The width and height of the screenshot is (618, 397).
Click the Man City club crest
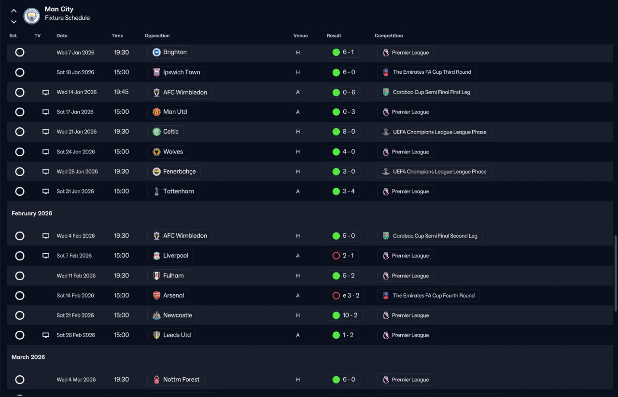[31, 16]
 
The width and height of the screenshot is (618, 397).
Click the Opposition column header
[157, 36]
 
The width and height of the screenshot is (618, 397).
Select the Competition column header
[389, 36]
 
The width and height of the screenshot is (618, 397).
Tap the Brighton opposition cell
[169, 52]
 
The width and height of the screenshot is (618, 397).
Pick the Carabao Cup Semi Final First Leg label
[431, 92]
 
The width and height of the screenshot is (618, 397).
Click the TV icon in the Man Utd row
[46, 112]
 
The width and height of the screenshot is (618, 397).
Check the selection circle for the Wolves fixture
[20, 151]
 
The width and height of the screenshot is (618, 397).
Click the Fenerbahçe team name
[179, 171]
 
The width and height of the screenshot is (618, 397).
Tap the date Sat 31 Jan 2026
[75, 192]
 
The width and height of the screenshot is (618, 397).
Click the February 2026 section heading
[32, 213]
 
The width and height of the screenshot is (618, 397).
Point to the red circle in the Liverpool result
[336, 256]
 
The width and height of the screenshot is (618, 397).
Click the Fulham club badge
[156, 276]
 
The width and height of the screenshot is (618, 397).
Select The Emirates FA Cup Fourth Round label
[434, 296]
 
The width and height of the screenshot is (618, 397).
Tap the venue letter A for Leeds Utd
[298, 335]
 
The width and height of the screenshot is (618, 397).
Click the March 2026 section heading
[28, 357]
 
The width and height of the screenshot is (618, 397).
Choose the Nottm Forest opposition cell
[176, 379]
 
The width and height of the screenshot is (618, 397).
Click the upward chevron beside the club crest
[14, 11]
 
